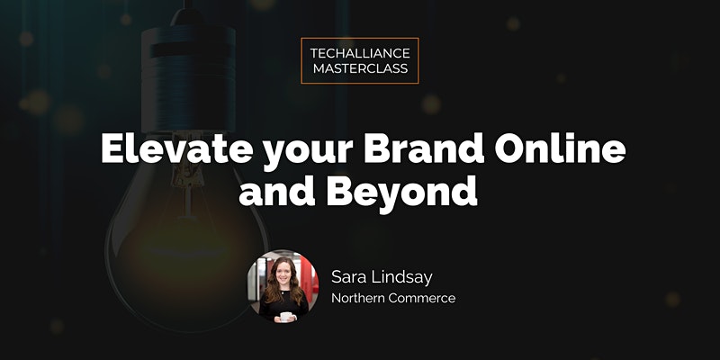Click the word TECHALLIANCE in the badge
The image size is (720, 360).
tap(360, 53)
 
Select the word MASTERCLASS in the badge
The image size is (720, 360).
tap(360, 68)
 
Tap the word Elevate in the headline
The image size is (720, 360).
tap(176, 149)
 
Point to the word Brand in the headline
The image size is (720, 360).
tap(423, 149)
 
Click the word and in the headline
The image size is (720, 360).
tap(277, 192)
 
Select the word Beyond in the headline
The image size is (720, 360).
tap(401, 194)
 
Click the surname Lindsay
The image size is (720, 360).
tap(402, 279)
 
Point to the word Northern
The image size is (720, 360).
tap(358, 298)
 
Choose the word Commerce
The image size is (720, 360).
tap(422, 298)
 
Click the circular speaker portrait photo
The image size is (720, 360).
tap(283, 286)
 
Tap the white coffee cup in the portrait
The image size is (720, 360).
tap(286, 317)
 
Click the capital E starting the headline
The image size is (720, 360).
tap(113, 149)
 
